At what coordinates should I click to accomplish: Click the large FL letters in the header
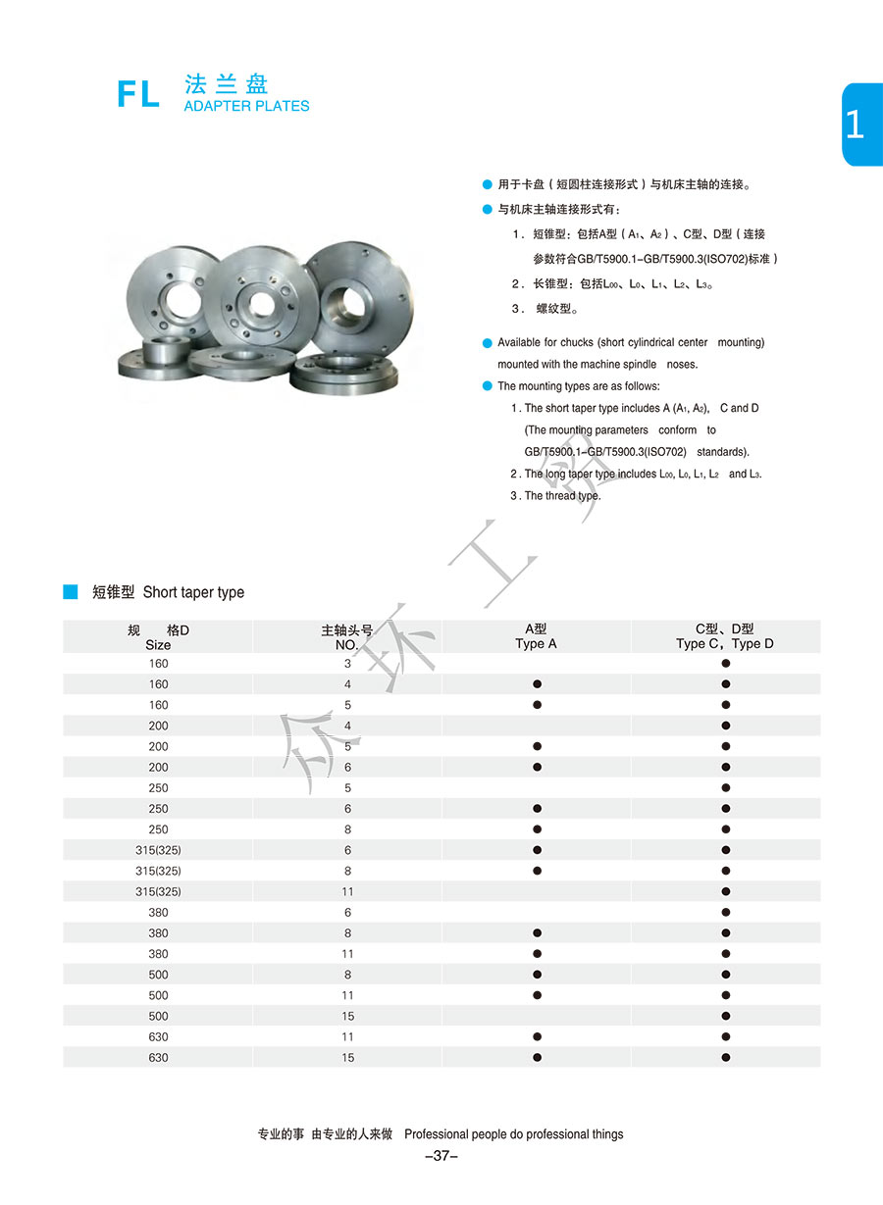click(138, 93)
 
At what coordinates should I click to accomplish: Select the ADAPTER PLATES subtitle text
click(246, 106)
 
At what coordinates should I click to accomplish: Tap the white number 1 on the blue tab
click(855, 125)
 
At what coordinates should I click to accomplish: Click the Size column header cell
click(158, 637)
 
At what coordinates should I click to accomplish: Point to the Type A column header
click(536, 637)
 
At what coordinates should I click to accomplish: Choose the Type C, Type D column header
click(725, 637)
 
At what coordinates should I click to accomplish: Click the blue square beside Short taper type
click(71, 591)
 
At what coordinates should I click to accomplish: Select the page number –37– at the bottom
click(441, 1156)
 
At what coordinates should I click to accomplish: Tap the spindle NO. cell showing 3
click(347, 664)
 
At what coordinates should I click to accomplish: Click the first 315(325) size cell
click(158, 850)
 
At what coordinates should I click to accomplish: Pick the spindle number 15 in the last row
click(347, 1058)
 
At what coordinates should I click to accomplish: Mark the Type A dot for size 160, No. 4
click(537, 684)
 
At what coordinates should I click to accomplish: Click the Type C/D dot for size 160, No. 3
click(726, 664)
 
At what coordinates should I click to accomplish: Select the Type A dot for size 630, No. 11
click(537, 1036)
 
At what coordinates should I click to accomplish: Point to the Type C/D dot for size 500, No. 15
click(726, 1016)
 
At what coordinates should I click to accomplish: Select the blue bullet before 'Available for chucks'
click(488, 342)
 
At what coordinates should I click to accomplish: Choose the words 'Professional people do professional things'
click(513, 1134)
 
